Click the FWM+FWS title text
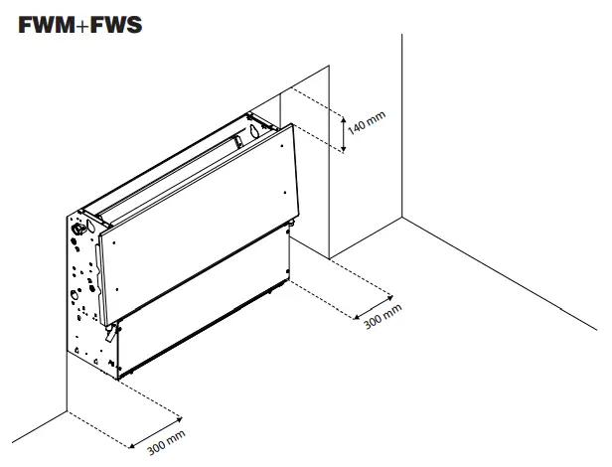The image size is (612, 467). click(x=79, y=24)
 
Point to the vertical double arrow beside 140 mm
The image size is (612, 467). click(x=344, y=127)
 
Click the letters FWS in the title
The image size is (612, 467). click(x=114, y=24)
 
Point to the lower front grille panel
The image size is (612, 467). click(x=204, y=313)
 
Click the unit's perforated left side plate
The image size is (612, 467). click(x=82, y=288)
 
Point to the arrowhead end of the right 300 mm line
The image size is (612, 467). click(x=391, y=296)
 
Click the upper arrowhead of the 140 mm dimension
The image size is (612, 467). click(x=344, y=105)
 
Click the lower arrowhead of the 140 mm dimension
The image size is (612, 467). click(x=344, y=150)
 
